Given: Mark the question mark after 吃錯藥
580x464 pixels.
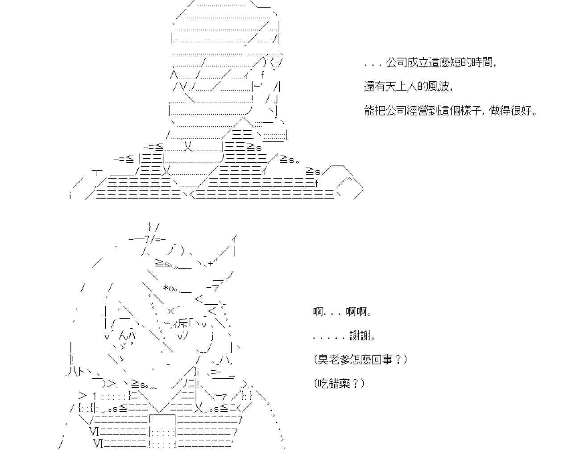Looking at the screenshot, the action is point(356,383).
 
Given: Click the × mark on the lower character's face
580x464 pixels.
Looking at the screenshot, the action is point(171,311).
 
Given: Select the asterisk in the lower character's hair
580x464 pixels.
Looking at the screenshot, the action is point(166,288).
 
